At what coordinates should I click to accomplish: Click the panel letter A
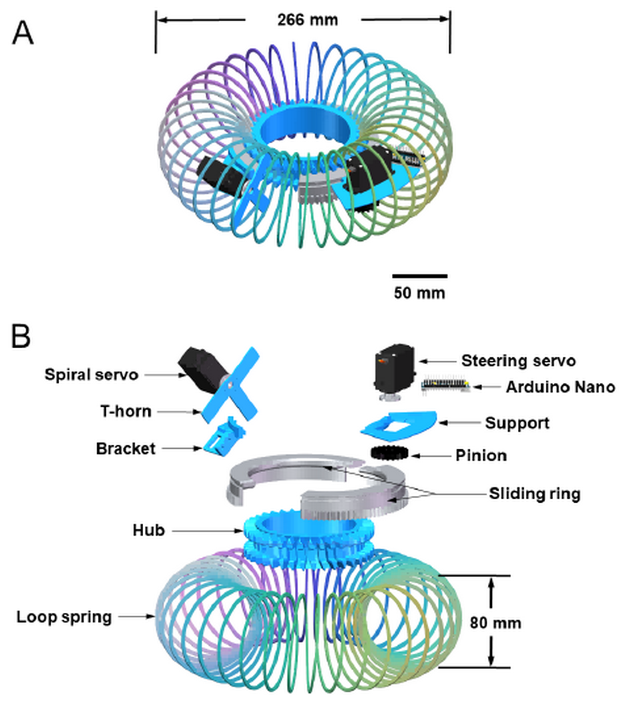pyautogui.click(x=23, y=32)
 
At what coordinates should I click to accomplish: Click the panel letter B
pyautogui.click(x=21, y=338)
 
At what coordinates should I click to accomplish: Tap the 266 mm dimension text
pyautogui.click(x=308, y=19)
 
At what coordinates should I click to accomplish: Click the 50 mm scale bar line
pyautogui.click(x=419, y=275)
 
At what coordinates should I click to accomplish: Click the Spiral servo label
pyautogui.click(x=91, y=375)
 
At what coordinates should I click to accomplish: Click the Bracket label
pyautogui.click(x=125, y=448)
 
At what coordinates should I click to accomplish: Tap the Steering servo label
pyautogui.click(x=518, y=361)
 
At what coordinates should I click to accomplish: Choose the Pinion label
pyautogui.click(x=481, y=455)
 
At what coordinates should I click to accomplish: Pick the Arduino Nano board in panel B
pyautogui.click(x=447, y=385)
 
